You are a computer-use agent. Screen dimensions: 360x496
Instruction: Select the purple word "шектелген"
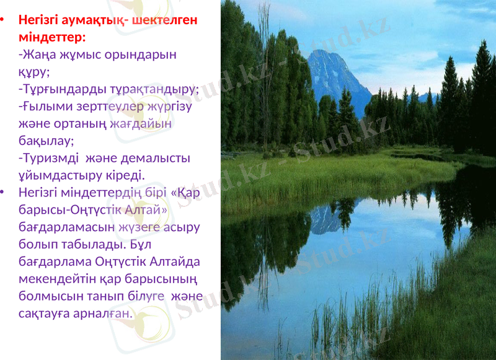(165, 20)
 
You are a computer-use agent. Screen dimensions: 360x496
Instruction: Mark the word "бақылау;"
(46, 141)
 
